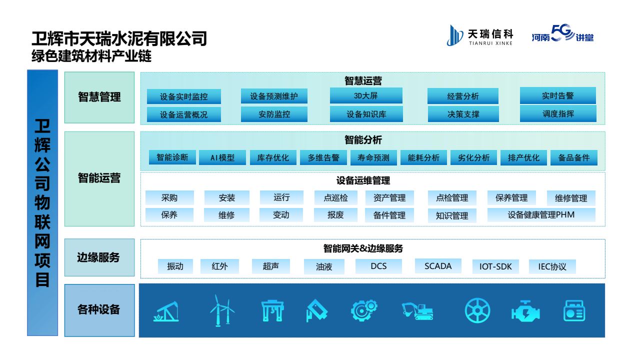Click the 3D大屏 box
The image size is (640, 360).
[366, 95]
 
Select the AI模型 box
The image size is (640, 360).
[222, 157]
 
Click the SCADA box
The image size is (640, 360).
[438, 266]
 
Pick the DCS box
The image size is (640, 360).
[378, 266]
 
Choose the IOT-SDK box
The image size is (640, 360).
[495, 266]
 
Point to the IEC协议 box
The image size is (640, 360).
[552, 266]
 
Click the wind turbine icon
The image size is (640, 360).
[221, 310]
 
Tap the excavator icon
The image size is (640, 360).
[417, 310]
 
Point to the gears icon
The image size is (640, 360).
[366, 310]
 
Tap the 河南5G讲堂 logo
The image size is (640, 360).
[562, 35]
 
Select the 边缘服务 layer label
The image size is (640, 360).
[99, 257]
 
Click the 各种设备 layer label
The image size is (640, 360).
[99, 310]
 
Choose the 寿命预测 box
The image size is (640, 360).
[373, 157]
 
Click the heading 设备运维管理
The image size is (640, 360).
[363, 181]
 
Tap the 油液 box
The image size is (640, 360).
[324, 267]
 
